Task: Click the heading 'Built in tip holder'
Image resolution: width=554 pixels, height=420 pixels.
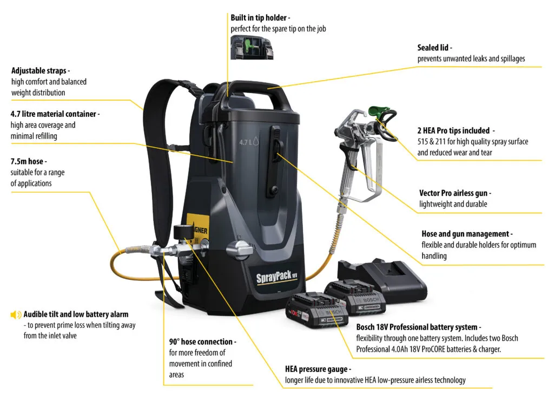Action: click(x=258, y=18)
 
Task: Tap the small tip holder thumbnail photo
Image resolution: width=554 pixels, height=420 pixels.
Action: click(x=252, y=48)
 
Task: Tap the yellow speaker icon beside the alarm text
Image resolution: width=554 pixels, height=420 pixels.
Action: click(x=16, y=314)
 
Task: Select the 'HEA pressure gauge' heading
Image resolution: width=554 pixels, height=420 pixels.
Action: click(x=316, y=369)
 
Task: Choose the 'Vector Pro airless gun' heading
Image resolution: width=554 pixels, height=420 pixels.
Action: click(x=453, y=193)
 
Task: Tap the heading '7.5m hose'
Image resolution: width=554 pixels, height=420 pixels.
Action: click(x=27, y=162)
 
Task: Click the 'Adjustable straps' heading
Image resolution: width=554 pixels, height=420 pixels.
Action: click(x=39, y=71)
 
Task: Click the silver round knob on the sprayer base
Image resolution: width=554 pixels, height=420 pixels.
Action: click(x=239, y=248)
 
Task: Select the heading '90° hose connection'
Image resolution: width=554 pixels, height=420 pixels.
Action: click(x=201, y=342)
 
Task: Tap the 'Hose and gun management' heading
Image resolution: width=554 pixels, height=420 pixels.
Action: click(x=465, y=234)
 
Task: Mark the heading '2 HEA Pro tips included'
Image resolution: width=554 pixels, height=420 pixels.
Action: click(x=453, y=130)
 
